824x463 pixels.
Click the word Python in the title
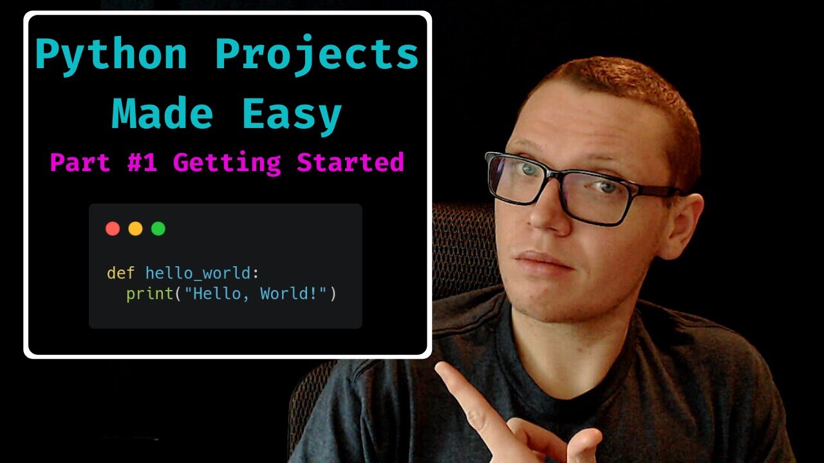click(111, 55)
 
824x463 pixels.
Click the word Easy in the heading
click(292, 114)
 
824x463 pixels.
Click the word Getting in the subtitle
click(227, 163)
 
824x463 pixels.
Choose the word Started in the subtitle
click(350, 162)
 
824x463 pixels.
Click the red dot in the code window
click(113, 228)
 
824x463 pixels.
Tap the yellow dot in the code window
click(135, 228)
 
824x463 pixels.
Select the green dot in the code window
click(158, 228)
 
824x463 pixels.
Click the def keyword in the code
click(120, 273)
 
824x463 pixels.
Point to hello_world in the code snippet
click(198, 273)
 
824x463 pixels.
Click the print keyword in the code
click(150, 295)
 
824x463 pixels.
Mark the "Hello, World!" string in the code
click(256, 295)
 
